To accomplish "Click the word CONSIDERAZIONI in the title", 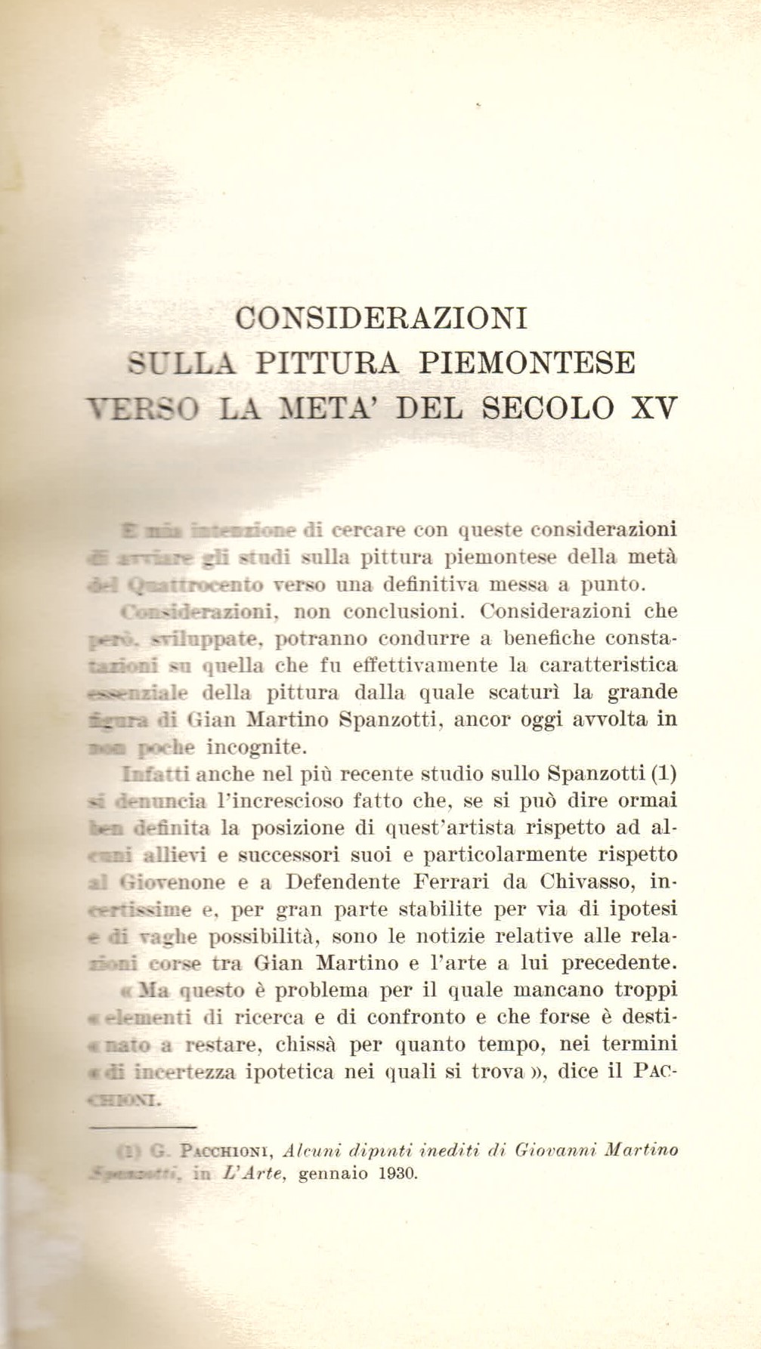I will click(x=382, y=317).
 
